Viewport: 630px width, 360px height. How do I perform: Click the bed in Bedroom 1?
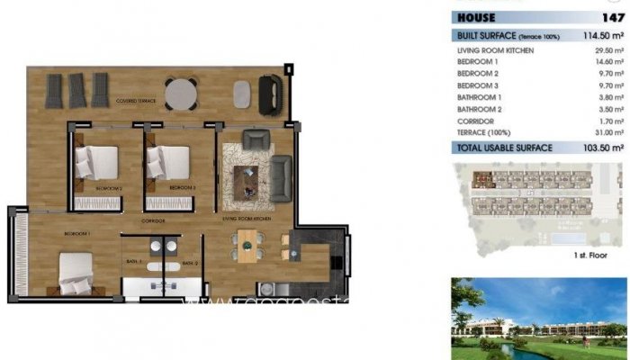77,271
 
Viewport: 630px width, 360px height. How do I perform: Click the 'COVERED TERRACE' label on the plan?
136,102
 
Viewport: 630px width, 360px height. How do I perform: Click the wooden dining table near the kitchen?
247,246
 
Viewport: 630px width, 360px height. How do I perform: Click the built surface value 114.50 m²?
603,35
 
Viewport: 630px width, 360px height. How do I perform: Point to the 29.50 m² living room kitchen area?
606,50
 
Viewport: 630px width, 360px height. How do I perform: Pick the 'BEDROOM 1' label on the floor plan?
76,233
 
